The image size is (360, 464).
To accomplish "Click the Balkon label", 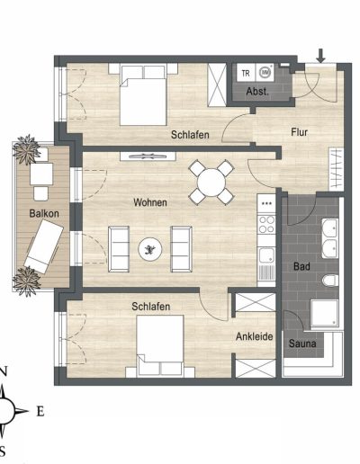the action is (44, 213).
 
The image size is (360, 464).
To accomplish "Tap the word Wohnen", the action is (150, 202).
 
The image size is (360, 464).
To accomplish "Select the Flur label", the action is (299, 132).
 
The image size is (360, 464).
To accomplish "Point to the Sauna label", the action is (302, 344).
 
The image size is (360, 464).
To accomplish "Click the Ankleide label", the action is (255, 336).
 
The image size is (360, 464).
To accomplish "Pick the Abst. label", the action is (257, 92).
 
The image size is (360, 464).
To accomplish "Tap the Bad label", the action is (301, 266).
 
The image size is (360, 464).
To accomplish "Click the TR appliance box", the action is (246, 73).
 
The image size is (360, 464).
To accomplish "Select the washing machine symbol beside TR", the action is (265, 73).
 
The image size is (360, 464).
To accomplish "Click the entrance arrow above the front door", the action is (321, 56).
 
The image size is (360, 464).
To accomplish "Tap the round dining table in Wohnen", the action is (211, 183).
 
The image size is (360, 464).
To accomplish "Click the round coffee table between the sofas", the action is (150, 249).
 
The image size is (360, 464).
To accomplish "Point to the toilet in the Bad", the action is (330, 281).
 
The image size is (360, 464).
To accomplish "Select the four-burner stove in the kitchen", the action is (266, 225).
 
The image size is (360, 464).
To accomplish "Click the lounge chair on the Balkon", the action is (44, 246).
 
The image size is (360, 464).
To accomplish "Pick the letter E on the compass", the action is (40, 412).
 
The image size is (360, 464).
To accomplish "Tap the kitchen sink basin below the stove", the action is (266, 255).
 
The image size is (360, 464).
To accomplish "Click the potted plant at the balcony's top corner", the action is (27, 149).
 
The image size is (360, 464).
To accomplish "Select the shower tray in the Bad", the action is (325, 313).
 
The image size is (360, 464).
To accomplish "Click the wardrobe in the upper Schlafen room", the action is (217, 85).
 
